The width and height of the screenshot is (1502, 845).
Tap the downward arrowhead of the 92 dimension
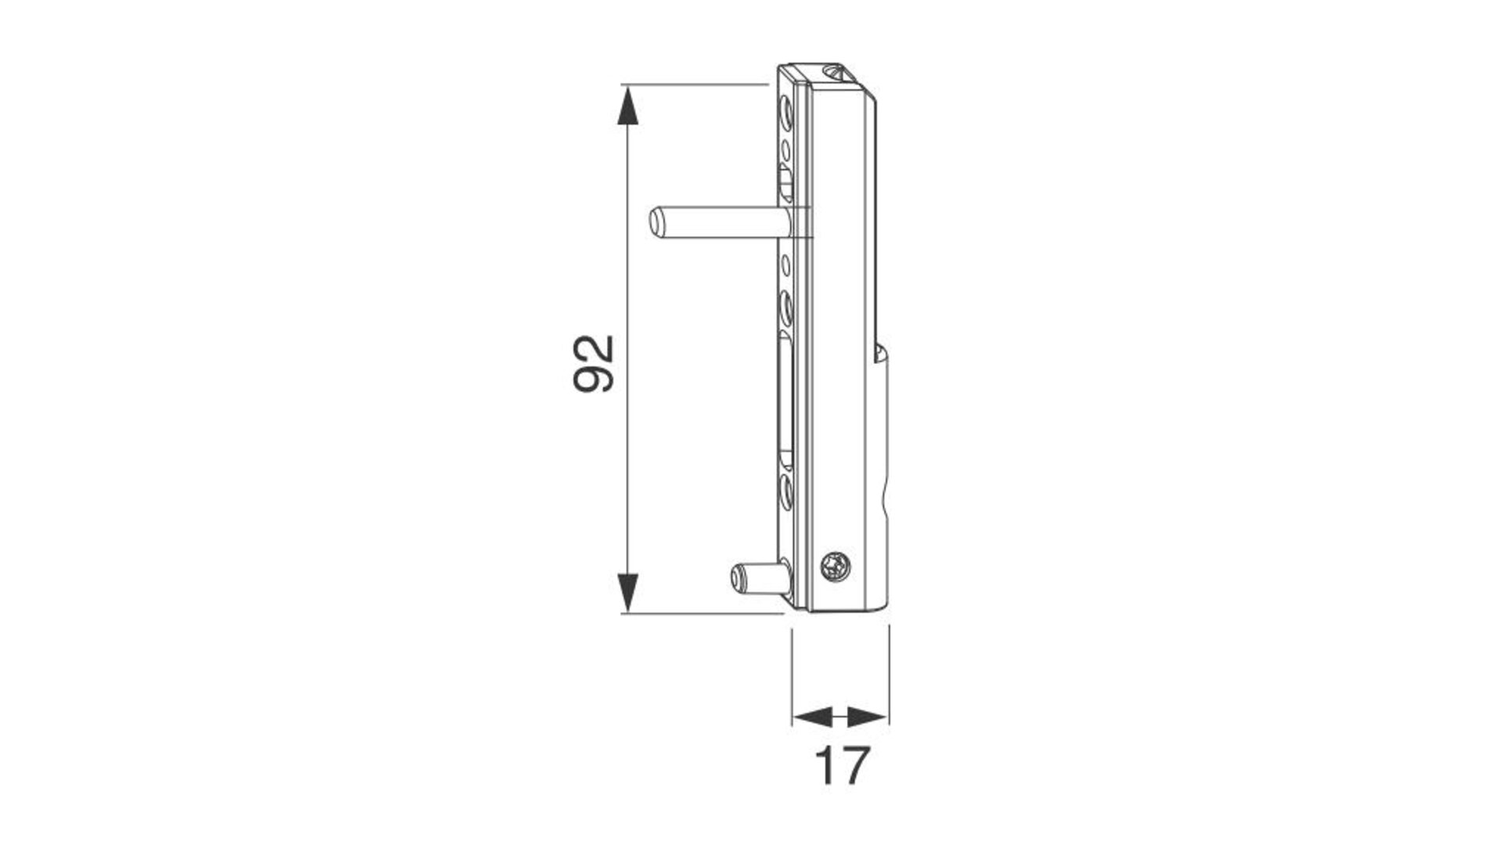pos(627,593)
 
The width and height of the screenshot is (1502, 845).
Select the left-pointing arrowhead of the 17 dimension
pos(811,716)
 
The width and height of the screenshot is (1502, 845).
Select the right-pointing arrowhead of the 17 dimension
pos(868,716)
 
